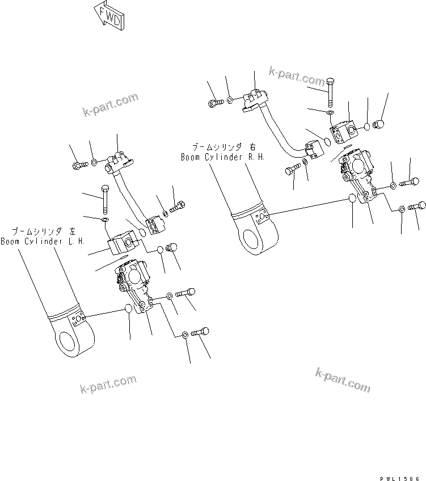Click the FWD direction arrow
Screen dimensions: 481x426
tap(108, 18)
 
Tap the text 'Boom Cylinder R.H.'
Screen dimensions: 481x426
tap(223, 157)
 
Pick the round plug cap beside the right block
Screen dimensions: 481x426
tap(379, 124)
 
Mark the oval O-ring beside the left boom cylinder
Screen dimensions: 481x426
tap(129, 309)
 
